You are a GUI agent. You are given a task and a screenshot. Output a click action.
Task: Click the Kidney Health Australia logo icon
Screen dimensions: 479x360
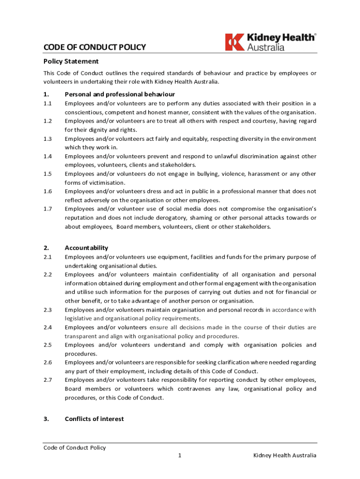(x=235, y=42)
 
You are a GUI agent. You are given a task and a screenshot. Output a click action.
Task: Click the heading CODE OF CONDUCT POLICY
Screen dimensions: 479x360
(x=94, y=47)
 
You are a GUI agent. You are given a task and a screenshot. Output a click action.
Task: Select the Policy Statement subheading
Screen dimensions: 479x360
(x=71, y=61)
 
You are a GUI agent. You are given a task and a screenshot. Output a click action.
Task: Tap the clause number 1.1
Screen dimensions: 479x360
(x=47, y=103)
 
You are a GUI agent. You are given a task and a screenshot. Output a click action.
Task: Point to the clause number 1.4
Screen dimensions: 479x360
(x=47, y=156)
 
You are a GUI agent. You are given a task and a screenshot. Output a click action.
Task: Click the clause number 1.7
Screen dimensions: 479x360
(x=47, y=209)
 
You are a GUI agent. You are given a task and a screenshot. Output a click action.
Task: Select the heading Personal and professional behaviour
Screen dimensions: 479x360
(x=120, y=94)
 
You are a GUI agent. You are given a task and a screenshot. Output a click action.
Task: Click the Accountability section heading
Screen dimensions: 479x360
(x=86, y=248)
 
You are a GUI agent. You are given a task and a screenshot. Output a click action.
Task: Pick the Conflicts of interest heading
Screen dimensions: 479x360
(x=94, y=419)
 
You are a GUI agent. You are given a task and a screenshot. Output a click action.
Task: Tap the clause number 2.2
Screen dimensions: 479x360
(x=47, y=275)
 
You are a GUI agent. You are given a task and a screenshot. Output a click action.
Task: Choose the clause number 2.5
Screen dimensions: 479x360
(x=47, y=345)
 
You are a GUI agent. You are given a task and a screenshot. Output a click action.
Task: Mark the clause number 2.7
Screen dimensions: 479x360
(x=47, y=380)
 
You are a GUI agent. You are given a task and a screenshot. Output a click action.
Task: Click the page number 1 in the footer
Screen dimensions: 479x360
(x=180, y=456)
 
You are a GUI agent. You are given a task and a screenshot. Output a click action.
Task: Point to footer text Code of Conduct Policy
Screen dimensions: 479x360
(x=75, y=448)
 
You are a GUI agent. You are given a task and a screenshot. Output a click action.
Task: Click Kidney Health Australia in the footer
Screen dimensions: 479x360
(x=285, y=456)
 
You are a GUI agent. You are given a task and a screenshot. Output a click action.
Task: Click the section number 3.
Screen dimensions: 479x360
(x=46, y=419)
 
